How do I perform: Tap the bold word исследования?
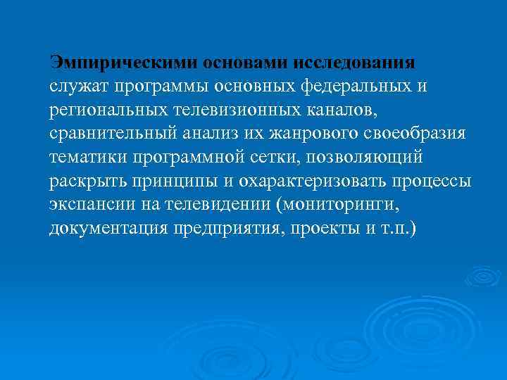361,61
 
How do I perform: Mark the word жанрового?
313,133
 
